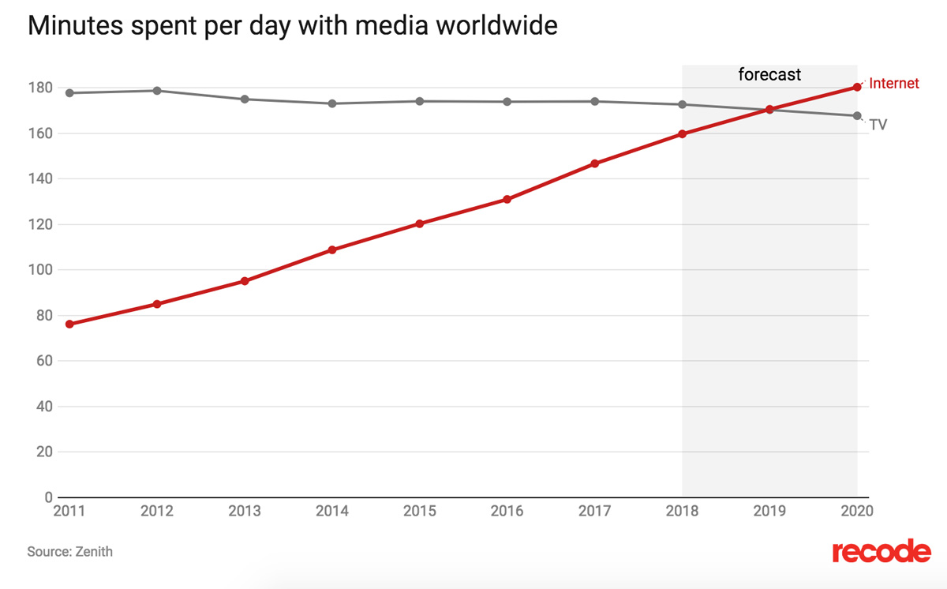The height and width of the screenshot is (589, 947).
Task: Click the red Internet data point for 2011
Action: [x=69, y=324]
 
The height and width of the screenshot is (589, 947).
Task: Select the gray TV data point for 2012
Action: [x=157, y=91]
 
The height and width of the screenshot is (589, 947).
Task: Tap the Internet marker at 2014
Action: [x=332, y=250]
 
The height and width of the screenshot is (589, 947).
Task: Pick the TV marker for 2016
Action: [x=507, y=101]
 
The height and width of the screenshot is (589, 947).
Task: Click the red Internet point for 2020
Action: [x=857, y=87]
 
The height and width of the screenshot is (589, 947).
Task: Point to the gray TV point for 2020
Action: [x=857, y=116]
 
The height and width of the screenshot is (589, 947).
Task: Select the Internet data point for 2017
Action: [x=594, y=163]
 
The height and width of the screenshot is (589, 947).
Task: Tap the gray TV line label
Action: [x=878, y=125]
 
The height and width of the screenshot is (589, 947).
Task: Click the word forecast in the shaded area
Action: [x=769, y=75]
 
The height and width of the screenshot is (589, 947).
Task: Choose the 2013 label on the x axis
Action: [x=245, y=511]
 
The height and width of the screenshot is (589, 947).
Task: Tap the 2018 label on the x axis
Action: [x=682, y=511]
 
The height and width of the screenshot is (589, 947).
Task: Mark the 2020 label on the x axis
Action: [x=857, y=511]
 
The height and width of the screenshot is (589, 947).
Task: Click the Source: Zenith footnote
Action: [x=69, y=552]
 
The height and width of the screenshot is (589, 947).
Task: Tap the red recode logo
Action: [x=881, y=551]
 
